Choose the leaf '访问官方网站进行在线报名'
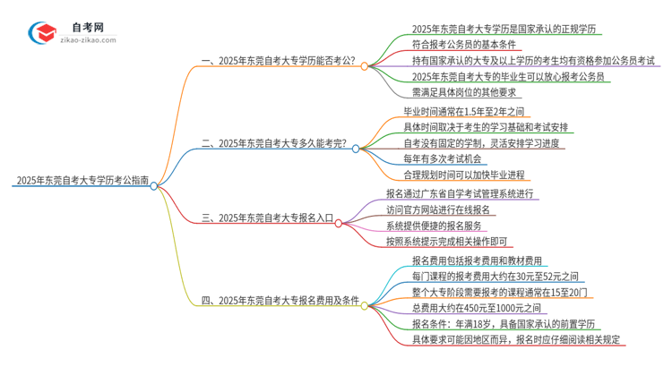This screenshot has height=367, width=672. click(x=444, y=209)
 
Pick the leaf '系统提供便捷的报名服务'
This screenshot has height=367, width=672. click(x=439, y=226)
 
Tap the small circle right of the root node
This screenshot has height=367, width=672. click(x=154, y=185)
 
